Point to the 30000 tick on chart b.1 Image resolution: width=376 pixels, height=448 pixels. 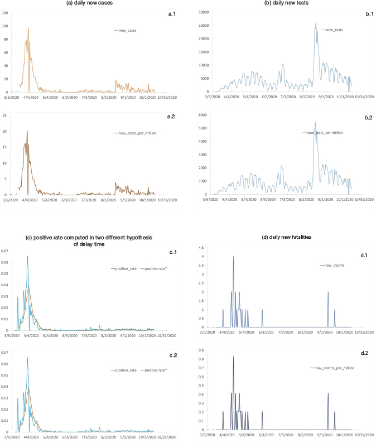click(196, 12)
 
